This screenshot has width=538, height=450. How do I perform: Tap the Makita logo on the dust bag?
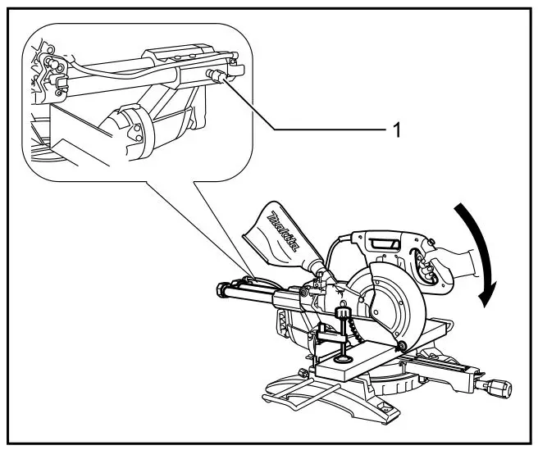pyautogui.click(x=284, y=234)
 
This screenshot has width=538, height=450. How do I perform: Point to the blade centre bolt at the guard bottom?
pyautogui.click(x=402, y=343)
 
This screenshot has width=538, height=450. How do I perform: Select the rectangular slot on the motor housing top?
pyautogui.click(x=384, y=244)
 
